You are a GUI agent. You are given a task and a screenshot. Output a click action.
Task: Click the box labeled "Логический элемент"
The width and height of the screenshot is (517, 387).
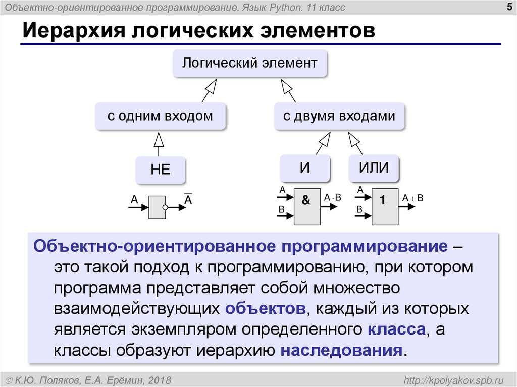click(x=249, y=63)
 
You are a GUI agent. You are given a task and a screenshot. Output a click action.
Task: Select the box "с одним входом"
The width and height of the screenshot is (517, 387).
click(x=160, y=116)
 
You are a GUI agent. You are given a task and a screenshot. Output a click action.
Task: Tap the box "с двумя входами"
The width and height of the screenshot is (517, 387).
click(x=339, y=116)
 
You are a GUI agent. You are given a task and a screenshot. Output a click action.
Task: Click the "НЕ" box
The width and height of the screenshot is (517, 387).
click(x=160, y=170)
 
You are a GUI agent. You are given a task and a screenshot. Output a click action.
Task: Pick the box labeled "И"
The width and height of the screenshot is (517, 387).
click(x=305, y=168)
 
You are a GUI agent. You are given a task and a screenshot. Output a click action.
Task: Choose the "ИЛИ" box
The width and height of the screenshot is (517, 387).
click(x=374, y=168)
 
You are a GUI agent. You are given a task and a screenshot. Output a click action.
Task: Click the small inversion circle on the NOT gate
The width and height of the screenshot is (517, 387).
click(x=165, y=207)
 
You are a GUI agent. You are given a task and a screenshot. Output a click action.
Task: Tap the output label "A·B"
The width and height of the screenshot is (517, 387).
click(x=333, y=198)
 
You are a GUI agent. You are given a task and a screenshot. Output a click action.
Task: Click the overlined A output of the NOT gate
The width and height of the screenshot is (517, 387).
click(x=188, y=200)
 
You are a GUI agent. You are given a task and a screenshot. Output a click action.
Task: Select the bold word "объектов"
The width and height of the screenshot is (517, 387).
click(x=266, y=308)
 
